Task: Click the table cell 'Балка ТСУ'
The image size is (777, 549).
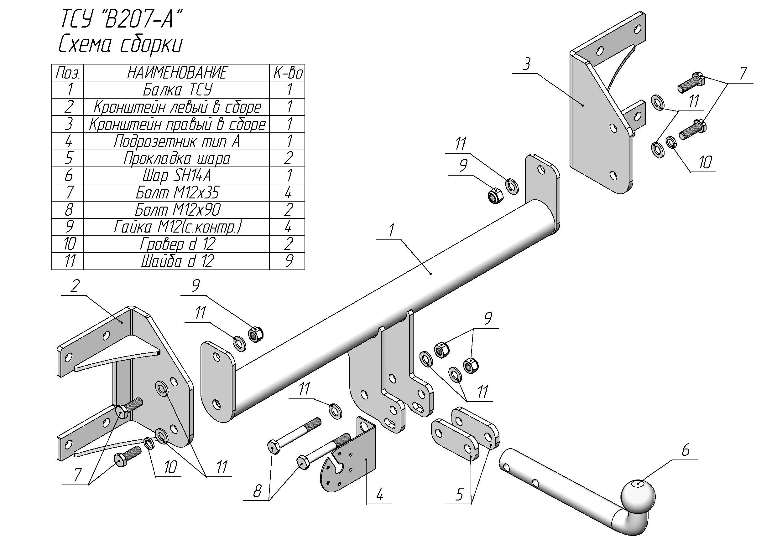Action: click(x=177, y=90)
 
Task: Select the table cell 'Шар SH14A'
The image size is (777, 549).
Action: click(x=177, y=176)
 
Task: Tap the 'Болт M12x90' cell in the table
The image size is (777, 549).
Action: click(x=177, y=210)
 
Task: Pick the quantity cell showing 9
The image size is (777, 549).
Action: click(x=288, y=261)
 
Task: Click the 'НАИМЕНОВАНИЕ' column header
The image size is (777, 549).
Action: click(x=177, y=73)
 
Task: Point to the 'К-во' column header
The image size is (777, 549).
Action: click(x=288, y=73)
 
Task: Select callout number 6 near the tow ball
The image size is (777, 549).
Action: click(x=686, y=450)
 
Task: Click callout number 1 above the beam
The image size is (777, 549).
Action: click(x=391, y=231)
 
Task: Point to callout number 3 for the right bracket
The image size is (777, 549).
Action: click(x=526, y=64)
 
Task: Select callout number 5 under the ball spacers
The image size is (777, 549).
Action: click(x=459, y=495)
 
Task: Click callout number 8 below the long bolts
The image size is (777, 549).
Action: click(x=257, y=491)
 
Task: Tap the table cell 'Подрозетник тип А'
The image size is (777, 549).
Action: click(x=177, y=141)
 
